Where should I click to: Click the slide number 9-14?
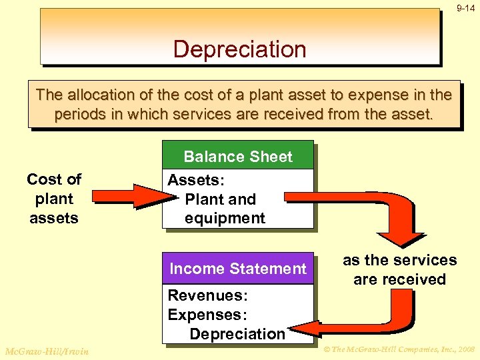(465, 9)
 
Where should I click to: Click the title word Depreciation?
(239, 49)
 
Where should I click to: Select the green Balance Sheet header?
(238, 157)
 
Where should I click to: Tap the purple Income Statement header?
(238, 269)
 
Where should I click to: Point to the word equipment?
(225, 218)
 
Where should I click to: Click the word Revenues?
(198, 295)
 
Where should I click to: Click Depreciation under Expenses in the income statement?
(237, 333)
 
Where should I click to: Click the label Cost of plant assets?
(54, 198)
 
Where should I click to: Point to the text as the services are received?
(399, 269)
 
